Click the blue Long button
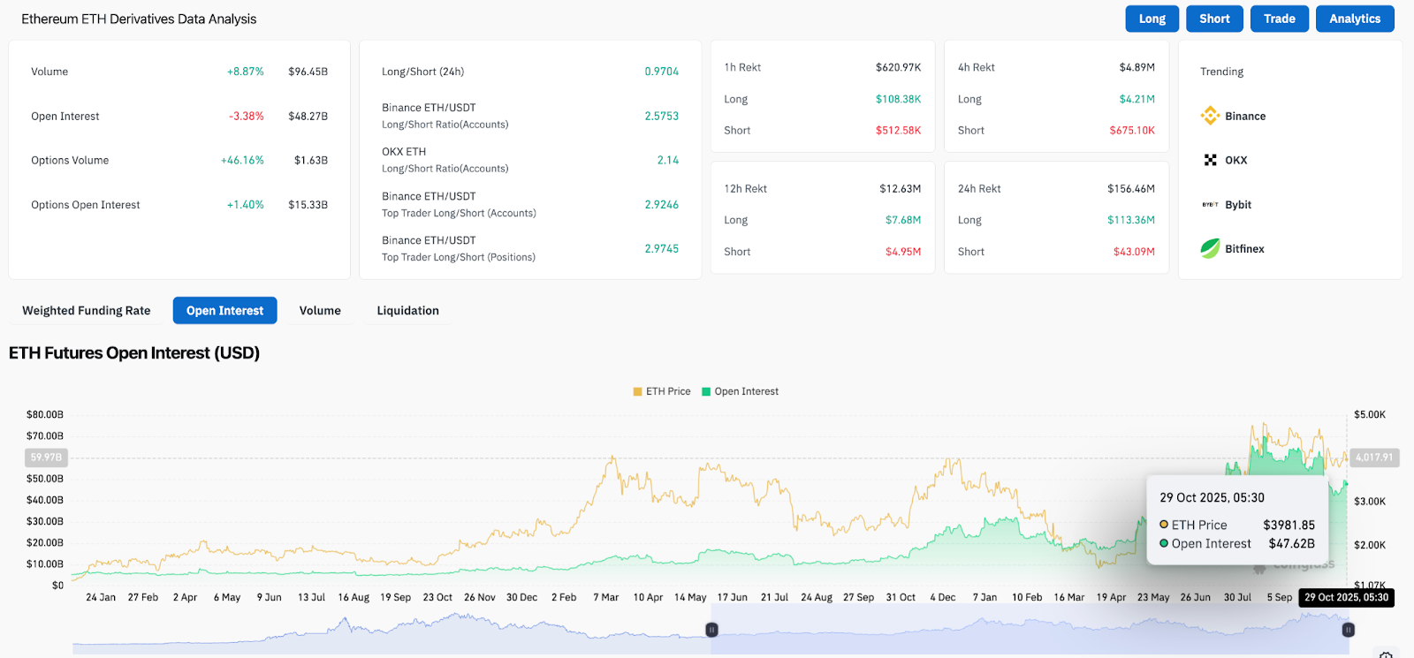1152,19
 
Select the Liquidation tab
407,311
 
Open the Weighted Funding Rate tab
87,311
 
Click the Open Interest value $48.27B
308,117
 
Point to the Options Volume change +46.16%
242,161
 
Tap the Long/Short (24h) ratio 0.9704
661,72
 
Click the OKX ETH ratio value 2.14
667,161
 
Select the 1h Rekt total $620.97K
898,67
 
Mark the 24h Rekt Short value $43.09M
1133,252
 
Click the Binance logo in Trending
1210,116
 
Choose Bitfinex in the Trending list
1243,249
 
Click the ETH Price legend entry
662,391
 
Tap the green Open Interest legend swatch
706,391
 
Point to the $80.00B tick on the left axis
45,414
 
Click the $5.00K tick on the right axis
1369,414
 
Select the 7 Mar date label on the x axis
605,597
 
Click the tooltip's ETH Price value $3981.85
1289,525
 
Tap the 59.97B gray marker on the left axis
46,458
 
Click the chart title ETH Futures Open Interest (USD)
134,353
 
